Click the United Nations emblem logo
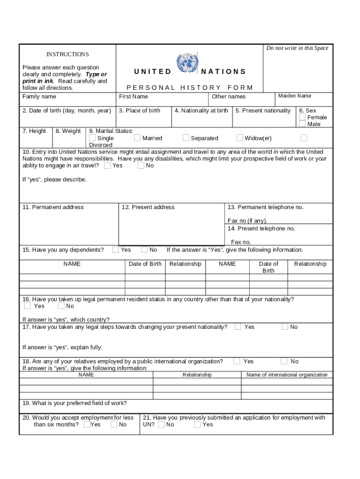[x=187, y=63]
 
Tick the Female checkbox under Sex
[x=302, y=117]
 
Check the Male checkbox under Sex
[x=302, y=124]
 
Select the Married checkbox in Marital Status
[x=137, y=138]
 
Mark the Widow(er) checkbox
[x=240, y=138]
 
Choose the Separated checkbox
[x=186, y=138]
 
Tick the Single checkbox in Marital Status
[x=93, y=138]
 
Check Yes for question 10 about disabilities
[x=108, y=165]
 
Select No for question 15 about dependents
[x=144, y=250]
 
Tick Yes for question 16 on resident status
[x=28, y=306]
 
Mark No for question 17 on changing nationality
[x=285, y=327]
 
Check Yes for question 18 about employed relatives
[x=237, y=361]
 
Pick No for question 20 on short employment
[x=114, y=425]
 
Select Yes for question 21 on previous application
[x=197, y=425]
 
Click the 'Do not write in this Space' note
[x=297, y=48]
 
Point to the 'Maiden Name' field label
[x=295, y=96]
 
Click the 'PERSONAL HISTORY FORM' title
[x=190, y=87]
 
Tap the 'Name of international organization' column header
[x=287, y=375]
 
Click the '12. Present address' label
[x=148, y=207]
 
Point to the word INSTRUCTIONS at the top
[x=67, y=54]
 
